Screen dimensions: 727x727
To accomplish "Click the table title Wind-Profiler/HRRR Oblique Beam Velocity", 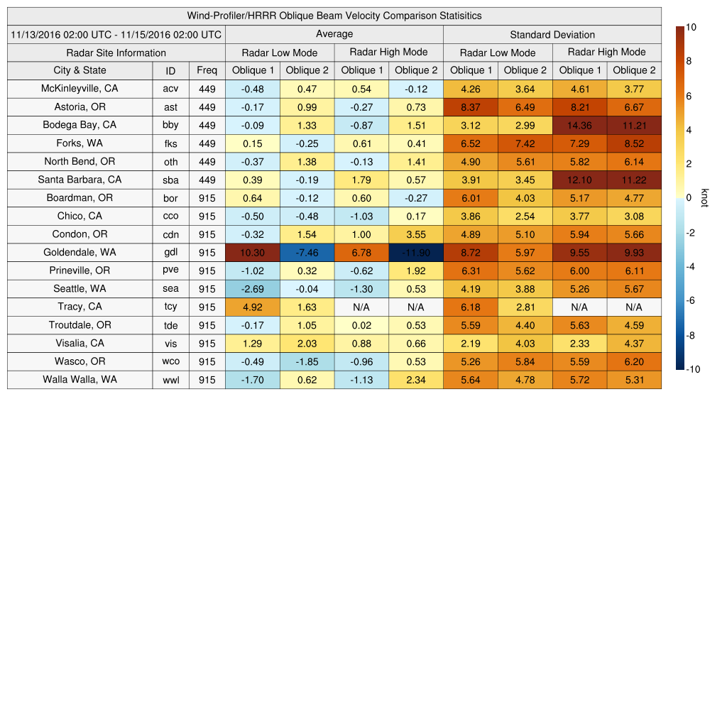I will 334,16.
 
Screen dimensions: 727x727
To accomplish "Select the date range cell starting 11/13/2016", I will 116,34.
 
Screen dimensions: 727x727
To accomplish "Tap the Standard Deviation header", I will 552,35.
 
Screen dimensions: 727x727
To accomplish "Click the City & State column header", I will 80,70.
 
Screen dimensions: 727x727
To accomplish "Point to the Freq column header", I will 207,70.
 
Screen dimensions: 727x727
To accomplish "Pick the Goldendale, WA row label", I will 80,252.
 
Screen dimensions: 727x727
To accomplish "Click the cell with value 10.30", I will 252,253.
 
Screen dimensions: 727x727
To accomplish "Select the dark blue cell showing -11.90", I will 415,253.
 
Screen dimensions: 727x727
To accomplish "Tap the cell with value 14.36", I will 579,125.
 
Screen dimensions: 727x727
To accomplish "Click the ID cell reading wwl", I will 170,380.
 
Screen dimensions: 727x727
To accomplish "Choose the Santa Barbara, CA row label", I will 80,180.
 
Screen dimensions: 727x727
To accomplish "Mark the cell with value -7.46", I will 307,253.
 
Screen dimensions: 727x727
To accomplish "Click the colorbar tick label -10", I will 694,369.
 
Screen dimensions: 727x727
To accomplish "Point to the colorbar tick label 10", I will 691,27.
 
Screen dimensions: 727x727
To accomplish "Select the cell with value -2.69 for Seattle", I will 252,289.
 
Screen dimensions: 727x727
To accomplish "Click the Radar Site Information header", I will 116,53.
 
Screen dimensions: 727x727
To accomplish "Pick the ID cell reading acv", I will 170,89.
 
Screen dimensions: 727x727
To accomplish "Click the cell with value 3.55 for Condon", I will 415,234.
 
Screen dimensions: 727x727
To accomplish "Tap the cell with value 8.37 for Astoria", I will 470,107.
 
